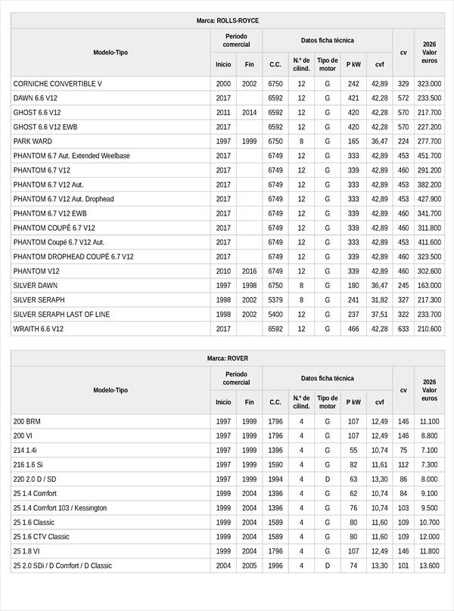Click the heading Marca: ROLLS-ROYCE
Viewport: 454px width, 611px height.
[x=227, y=21]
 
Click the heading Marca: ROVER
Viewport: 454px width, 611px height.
[x=227, y=358]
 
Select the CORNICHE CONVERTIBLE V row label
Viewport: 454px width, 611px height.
[x=58, y=84]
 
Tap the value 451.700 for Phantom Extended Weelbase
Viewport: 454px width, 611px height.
[x=429, y=156]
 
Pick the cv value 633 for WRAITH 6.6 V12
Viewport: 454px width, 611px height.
[x=403, y=329]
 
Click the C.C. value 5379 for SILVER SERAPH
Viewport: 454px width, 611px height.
[x=275, y=300]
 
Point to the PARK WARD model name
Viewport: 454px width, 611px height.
[x=31, y=141]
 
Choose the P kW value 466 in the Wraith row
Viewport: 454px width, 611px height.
[x=353, y=329]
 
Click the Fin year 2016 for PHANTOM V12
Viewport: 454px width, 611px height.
[x=250, y=271]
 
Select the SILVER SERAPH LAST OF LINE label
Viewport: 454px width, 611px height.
[x=67, y=315]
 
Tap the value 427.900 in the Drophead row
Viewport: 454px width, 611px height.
[x=429, y=199]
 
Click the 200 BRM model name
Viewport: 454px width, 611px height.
[x=26, y=421]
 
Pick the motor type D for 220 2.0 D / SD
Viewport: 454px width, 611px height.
[x=328, y=479]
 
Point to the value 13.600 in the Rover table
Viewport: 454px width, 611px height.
[x=429, y=566]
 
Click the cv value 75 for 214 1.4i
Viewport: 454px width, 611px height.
[x=403, y=450]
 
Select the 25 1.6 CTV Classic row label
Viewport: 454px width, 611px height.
[x=41, y=537]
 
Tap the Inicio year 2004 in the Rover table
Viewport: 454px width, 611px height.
[x=223, y=566]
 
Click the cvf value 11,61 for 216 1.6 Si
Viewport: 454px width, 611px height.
[x=380, y=464]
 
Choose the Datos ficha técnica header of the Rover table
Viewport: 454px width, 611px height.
[x=327, y=378]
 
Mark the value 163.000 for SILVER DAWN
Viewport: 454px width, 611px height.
[x=429, y=286]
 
